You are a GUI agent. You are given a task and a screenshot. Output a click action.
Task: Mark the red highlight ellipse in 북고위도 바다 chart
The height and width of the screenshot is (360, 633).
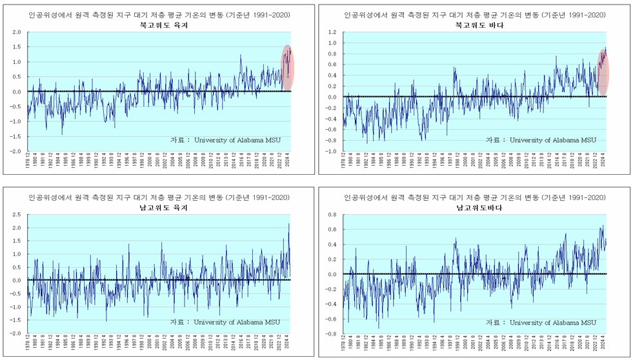pos(603,71)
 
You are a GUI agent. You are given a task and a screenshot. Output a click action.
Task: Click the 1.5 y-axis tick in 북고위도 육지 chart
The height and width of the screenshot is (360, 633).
pos(16,47)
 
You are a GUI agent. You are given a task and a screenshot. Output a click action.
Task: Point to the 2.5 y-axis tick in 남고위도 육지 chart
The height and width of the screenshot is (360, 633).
pos(16,214)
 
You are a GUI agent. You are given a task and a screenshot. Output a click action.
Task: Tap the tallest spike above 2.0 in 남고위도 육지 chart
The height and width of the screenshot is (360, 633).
pos(288,225)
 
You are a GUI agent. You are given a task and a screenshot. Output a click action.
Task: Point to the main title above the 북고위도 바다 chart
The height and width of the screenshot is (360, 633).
pos(475,14)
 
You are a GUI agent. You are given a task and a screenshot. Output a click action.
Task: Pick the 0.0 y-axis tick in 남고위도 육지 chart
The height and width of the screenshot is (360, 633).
pos(16,281)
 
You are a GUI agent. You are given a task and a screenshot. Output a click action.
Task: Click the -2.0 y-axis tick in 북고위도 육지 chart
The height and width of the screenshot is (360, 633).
pos(15,152)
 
